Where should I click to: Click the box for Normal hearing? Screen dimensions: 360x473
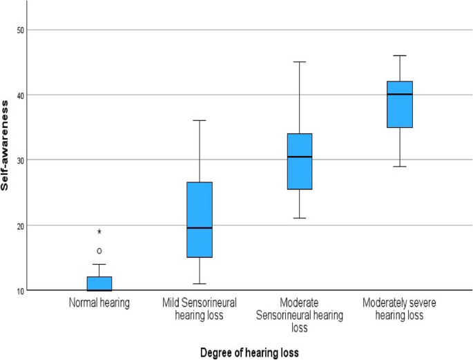(x=99, y=283)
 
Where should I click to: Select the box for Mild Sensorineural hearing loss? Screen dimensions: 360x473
(x=200, y=220)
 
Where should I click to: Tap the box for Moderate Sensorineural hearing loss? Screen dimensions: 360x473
(x=300, y=161)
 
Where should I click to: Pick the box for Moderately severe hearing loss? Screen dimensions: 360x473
(x=400, y=104)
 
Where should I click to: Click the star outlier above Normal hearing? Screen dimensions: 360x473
(x=99, y=232)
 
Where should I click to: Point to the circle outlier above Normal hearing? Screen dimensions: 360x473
(x=99, y=251)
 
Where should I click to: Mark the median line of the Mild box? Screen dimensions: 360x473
(x=200, y=227)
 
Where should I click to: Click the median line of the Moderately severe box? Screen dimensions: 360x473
(x=400, y=94)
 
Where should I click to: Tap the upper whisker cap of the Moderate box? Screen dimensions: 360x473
(x=300, y=62)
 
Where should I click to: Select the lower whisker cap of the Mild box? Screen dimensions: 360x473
(x=200, y=283)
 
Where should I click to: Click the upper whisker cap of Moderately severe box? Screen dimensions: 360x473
(x=400, y=55)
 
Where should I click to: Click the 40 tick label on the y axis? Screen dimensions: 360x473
(x=20, y=95)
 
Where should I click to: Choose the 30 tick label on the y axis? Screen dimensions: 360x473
(x=20, y=160)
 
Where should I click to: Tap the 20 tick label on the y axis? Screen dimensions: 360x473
(x=20, y=225)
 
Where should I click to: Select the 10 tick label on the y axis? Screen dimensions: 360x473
(x=20, y=290)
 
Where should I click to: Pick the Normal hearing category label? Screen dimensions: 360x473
(x=99, y=303)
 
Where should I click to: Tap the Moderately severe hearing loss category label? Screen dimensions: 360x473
(x=400, y=308)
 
